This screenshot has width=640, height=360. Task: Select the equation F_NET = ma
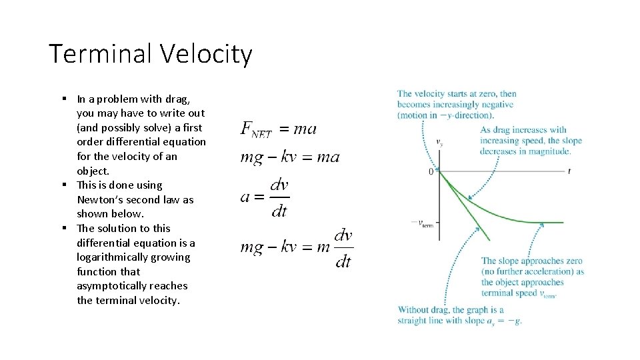click(x=279, y=129)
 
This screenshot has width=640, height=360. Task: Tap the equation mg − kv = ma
click(x=290, y=157)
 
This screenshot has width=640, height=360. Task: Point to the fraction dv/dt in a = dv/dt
click(x=279, y=197)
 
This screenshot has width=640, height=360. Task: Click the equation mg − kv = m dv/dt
click(x=296, y=247)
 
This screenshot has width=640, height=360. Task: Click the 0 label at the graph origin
click(x=431, y=172)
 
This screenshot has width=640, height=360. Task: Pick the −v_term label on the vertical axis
click(x=423, y=223)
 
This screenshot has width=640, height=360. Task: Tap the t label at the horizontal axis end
click(x=569, y=171)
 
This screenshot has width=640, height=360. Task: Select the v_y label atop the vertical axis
click(x=439, y=142)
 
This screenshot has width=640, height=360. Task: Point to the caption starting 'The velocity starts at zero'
click(x=457, y=104)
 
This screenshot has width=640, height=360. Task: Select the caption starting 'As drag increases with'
click(x=530, y=140)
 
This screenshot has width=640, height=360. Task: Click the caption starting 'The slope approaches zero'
click(x=532, y=277)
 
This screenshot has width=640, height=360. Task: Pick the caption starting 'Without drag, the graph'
click(x=459, y=315)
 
